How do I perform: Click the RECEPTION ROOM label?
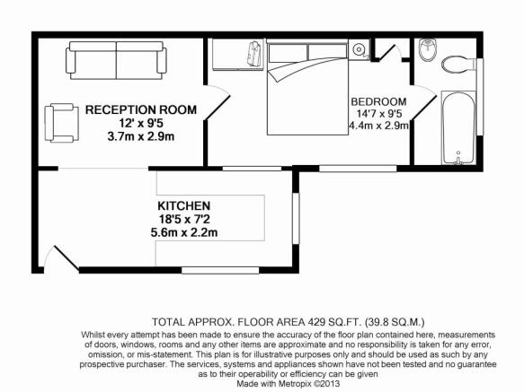point(141,109)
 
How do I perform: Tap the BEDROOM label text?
point(378,101)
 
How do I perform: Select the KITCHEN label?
point(183,205)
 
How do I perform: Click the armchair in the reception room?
point(61,123)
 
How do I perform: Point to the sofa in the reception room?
point(116,60)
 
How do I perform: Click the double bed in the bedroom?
point(307,87)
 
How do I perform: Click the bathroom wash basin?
point(428,50)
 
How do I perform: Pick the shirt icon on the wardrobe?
point(254,54)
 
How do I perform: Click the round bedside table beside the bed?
point(360,49)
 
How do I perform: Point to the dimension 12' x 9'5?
point(141,124)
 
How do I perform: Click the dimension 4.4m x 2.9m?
point(378,126)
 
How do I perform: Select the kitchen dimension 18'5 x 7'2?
point(184,219)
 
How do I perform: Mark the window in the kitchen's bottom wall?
point(220,270)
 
